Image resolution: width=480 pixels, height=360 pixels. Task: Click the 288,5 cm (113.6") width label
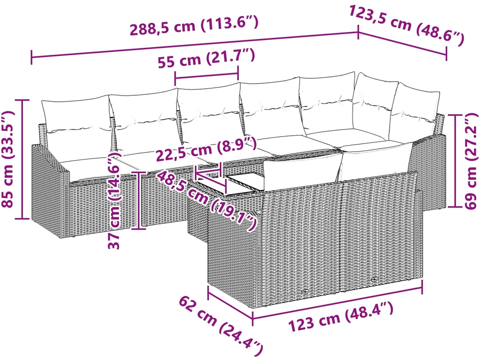(194, 25)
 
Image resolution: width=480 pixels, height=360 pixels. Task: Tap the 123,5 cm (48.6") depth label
(407, 26)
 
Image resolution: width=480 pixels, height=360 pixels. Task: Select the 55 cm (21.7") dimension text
(206, 58)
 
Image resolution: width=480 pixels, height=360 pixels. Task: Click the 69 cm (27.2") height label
(471, 161)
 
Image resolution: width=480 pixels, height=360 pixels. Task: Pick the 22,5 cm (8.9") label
(206, 148)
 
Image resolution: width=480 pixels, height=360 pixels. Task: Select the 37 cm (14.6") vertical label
(115, 201)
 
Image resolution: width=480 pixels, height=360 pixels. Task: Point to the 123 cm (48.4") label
(341, 317)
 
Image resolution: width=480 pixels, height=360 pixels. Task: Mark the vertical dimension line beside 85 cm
(22, 159)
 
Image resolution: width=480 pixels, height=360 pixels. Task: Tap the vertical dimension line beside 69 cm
(455, 161)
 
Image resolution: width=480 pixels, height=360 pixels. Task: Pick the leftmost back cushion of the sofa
(75, 115)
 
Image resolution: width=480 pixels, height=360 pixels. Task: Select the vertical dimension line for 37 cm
(139, 200)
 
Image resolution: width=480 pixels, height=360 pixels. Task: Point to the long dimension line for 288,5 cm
(195, 45)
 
